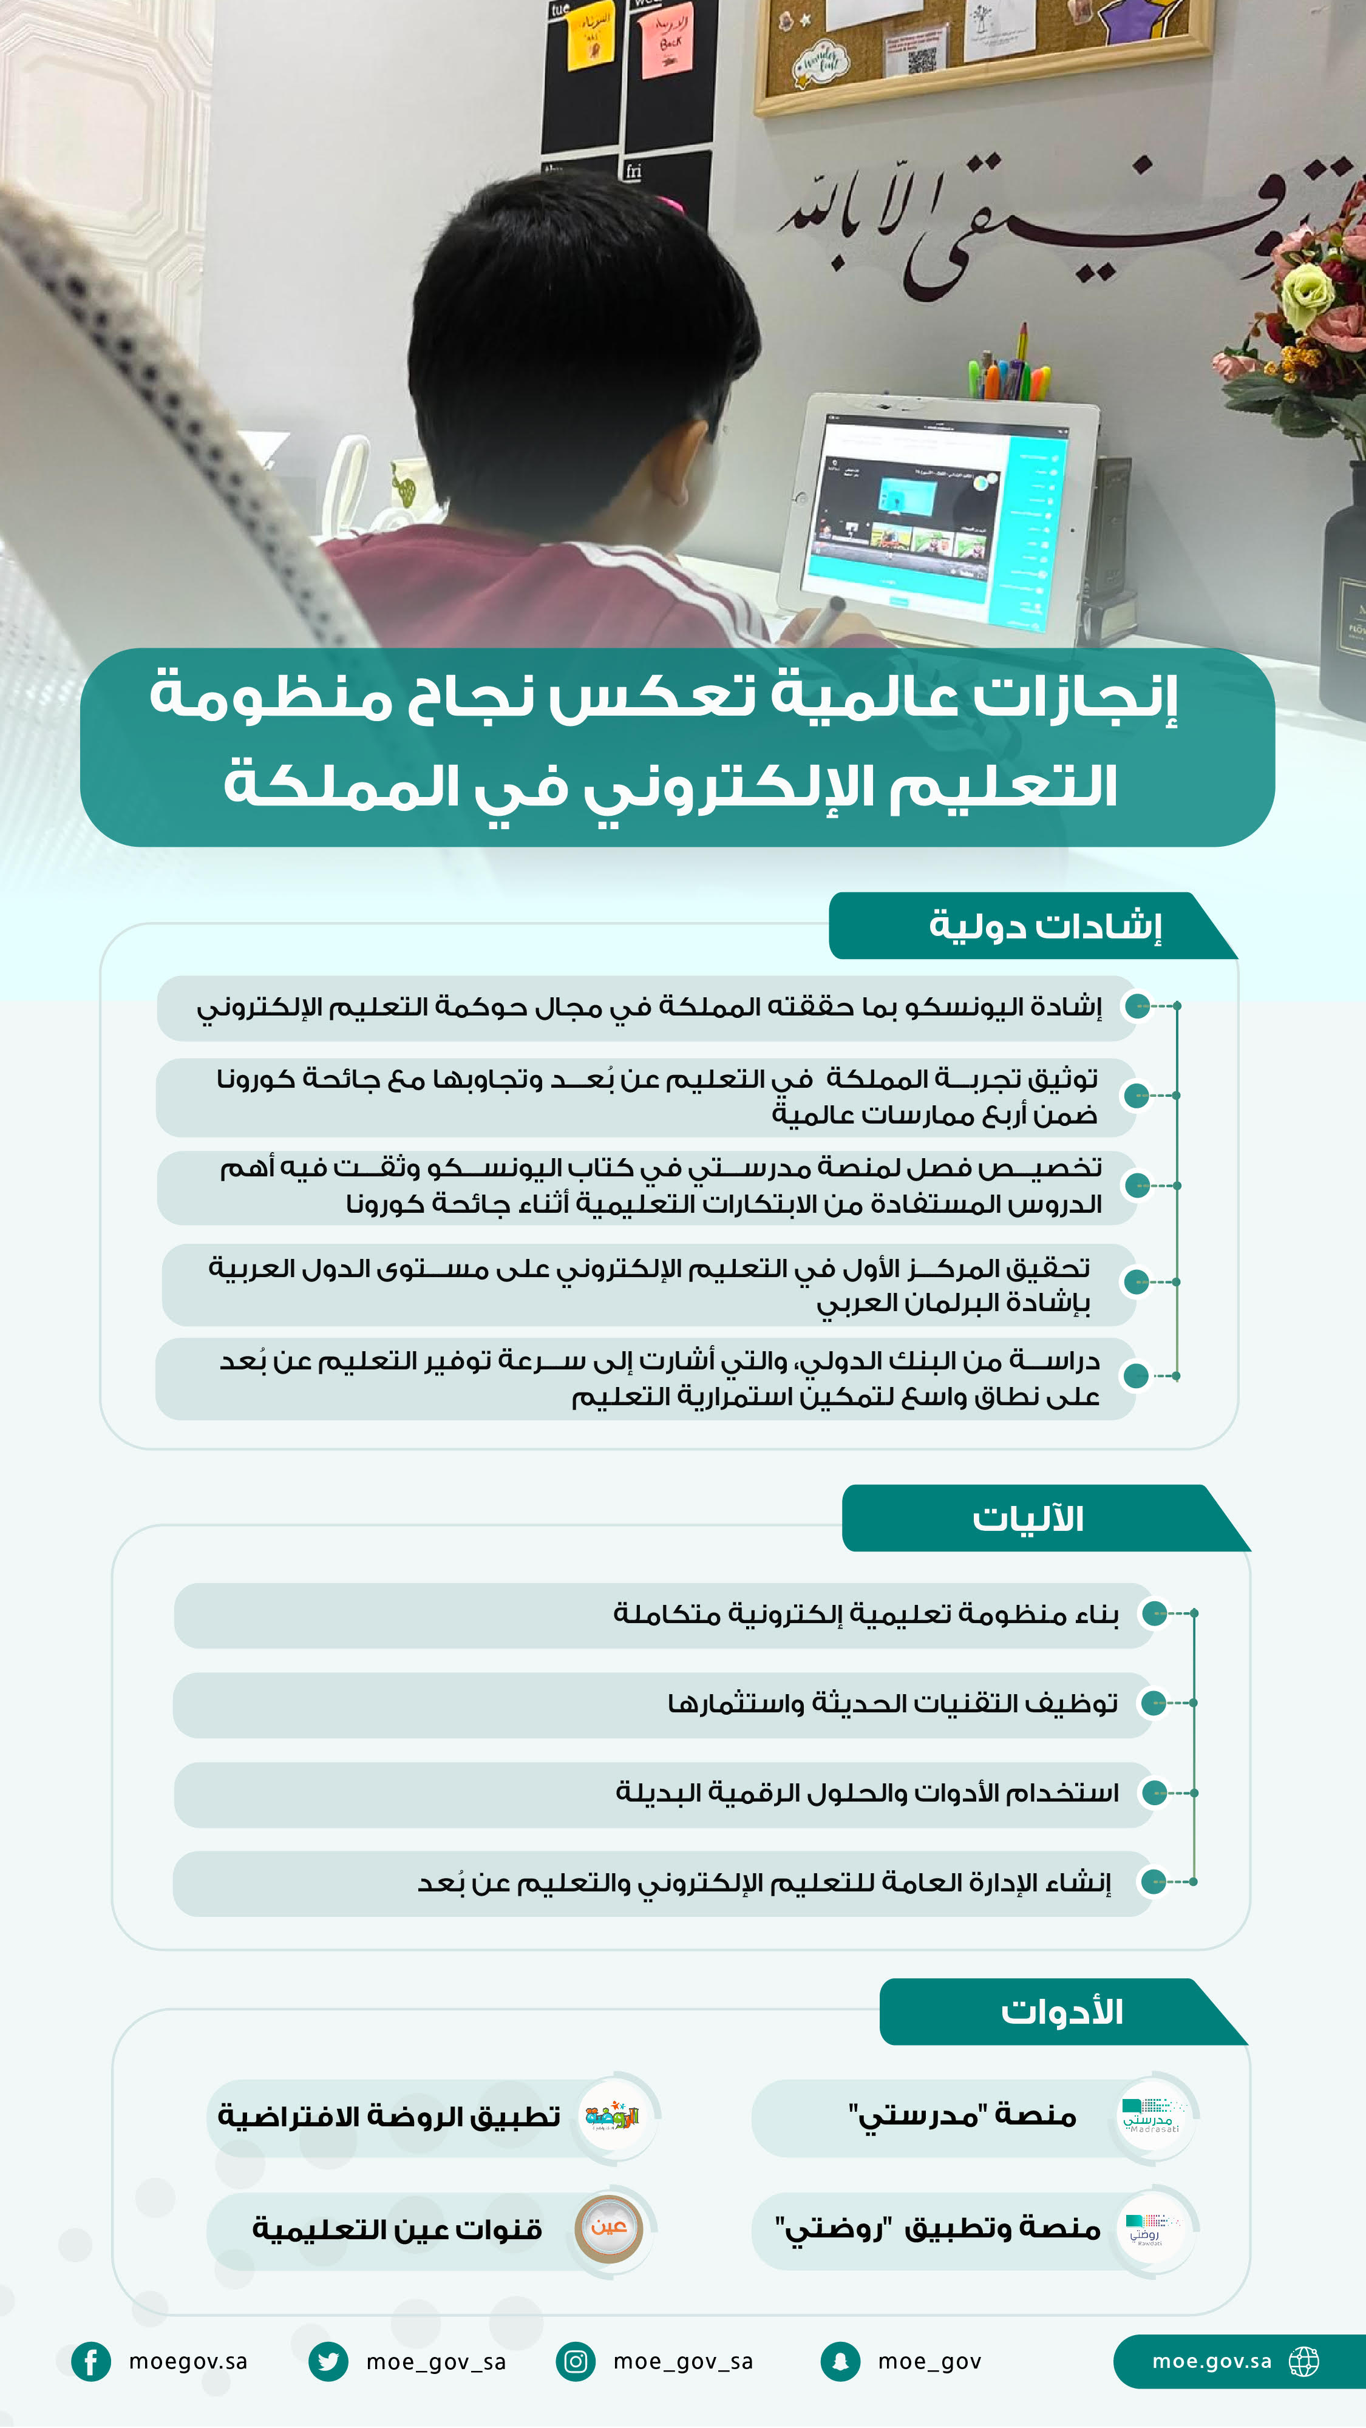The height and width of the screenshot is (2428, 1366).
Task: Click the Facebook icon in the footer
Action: pyautogui.click(x=90, y=2361)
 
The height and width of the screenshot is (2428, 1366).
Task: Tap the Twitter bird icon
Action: pyautogui.click(x=328, y=2361)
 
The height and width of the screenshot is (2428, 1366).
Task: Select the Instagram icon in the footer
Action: pyautogui.click(x=575, y=2361)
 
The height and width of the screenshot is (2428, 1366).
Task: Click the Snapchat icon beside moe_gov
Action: pyautogui.click(x=840, y=2361)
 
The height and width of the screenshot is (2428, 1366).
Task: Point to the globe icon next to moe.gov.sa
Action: pyautogui.click(x=1304, y=2361)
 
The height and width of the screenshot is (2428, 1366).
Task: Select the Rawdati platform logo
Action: pyautogui.click(x=1154, y=2229)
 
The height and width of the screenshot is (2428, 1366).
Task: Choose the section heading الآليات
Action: pyautogui.click(x=1028, y=1519)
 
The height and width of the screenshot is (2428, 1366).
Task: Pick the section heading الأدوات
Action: pyautogui.click(x=1061, y=2012)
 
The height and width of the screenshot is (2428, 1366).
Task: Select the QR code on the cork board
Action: pyautogui.click(x=922, y=60)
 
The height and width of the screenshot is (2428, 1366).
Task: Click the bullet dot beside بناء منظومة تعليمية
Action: pyautogui.click(x=1154, y=1613)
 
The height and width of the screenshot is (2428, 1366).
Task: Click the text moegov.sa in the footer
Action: pyautogui.click(x=188, y=2361)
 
